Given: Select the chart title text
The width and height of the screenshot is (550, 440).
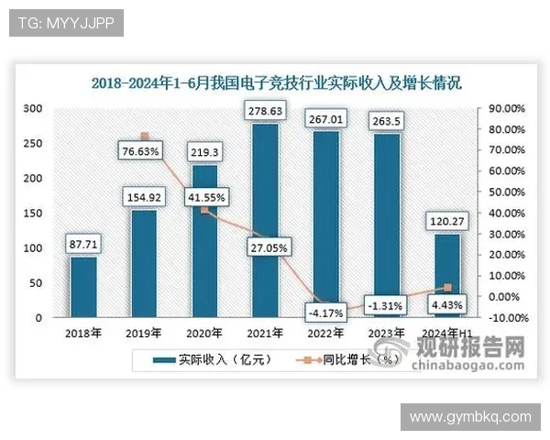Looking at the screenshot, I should point(276,82).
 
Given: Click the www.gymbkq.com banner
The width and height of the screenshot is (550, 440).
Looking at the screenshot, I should point(469,417).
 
